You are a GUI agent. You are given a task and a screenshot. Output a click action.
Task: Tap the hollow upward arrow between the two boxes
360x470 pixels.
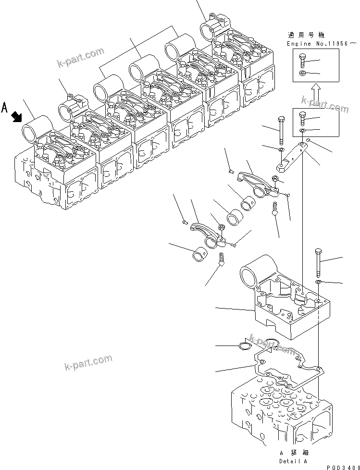[314, 93]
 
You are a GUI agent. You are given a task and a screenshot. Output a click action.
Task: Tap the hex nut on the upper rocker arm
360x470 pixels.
[275, 179]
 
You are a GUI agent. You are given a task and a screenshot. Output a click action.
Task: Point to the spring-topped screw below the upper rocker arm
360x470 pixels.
[275, 208]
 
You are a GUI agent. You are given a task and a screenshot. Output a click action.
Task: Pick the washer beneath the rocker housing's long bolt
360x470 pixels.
[318, 281]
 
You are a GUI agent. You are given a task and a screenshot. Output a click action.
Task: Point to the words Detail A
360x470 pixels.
[293, 460]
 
